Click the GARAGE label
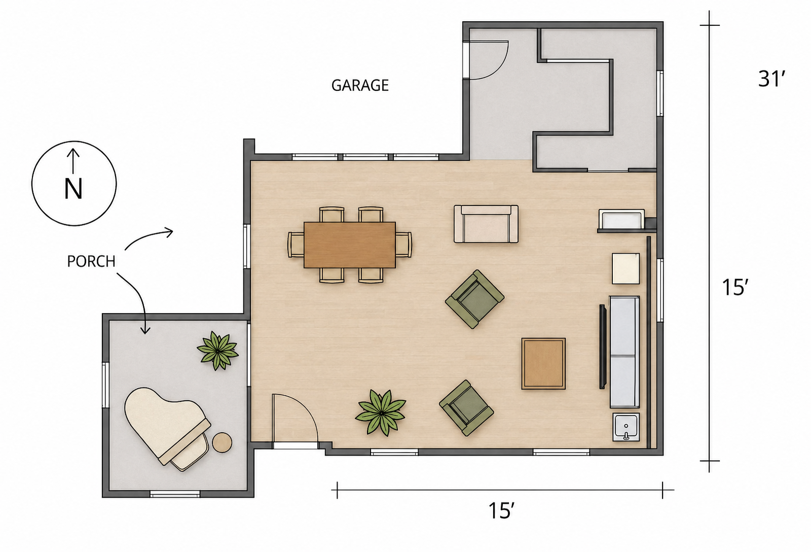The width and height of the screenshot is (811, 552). click(360, 86)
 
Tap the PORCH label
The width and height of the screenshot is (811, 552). click(91, 261)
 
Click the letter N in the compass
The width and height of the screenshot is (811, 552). click(73, 189)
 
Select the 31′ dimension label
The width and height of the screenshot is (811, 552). click(771, 79)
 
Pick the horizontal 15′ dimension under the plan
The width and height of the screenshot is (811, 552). click(501, 511)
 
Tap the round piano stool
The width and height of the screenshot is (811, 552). click(222, 442)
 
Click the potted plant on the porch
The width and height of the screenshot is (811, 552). click(217, 351)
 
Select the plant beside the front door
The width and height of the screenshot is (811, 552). click(381, 412)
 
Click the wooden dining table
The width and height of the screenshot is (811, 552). click(349, 245)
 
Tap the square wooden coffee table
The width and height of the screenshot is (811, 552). click(543, 364)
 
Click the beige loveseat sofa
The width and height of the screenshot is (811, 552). click(486, 224)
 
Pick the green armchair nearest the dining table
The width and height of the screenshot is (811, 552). click(474, 299)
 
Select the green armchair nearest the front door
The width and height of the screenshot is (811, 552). click(466, 408)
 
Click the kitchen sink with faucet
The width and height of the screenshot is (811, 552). click(626, 427)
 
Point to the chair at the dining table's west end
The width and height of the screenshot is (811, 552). click(296, 245)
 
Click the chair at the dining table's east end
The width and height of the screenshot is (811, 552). click(403, 245)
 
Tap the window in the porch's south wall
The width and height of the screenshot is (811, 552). click(175, 494)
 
